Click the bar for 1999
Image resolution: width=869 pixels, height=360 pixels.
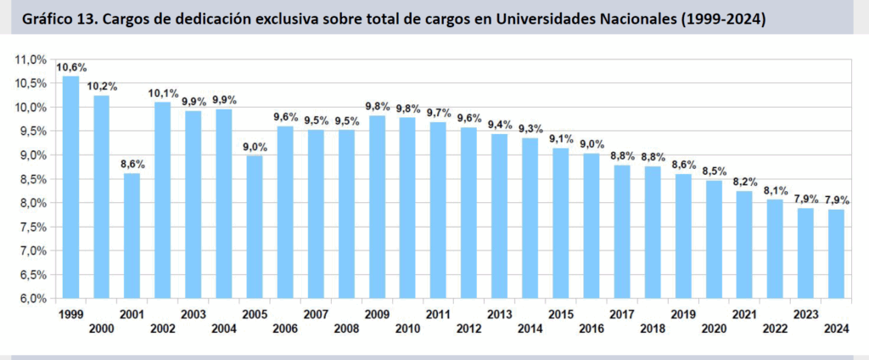(71, 188)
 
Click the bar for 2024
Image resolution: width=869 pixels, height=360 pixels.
(836, 254)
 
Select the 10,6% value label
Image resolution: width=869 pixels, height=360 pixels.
(71, 67)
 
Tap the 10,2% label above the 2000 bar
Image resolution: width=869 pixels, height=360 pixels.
(102, 87)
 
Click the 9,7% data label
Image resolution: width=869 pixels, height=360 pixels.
(438, 113)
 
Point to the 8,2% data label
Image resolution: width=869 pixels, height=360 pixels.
(744, 182)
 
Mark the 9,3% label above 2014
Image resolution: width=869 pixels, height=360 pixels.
(530, 129)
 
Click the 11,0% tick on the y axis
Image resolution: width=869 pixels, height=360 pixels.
(31, 59)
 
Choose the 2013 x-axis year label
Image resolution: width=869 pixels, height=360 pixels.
(499, 314)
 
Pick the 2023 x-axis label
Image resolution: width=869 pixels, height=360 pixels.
(805, 314)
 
